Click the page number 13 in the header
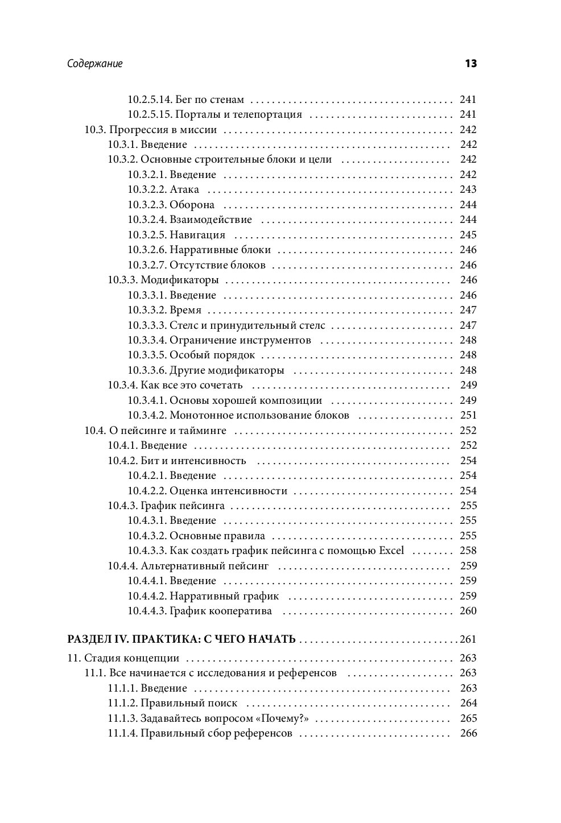[471, 64]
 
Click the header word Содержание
[94, 64]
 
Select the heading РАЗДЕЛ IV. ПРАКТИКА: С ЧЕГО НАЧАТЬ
[181, 639]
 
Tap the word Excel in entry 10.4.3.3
[391, 551]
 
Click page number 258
[468, 551]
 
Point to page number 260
[468, 611]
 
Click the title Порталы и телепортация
[236, 114]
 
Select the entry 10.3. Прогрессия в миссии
[151, 129]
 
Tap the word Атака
[184, 189]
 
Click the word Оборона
[192, 205]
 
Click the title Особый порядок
[212, 355]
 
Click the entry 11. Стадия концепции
[123, 658]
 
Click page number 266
[468, 733]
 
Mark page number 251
[468, 415]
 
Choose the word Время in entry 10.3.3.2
[185, 310]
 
